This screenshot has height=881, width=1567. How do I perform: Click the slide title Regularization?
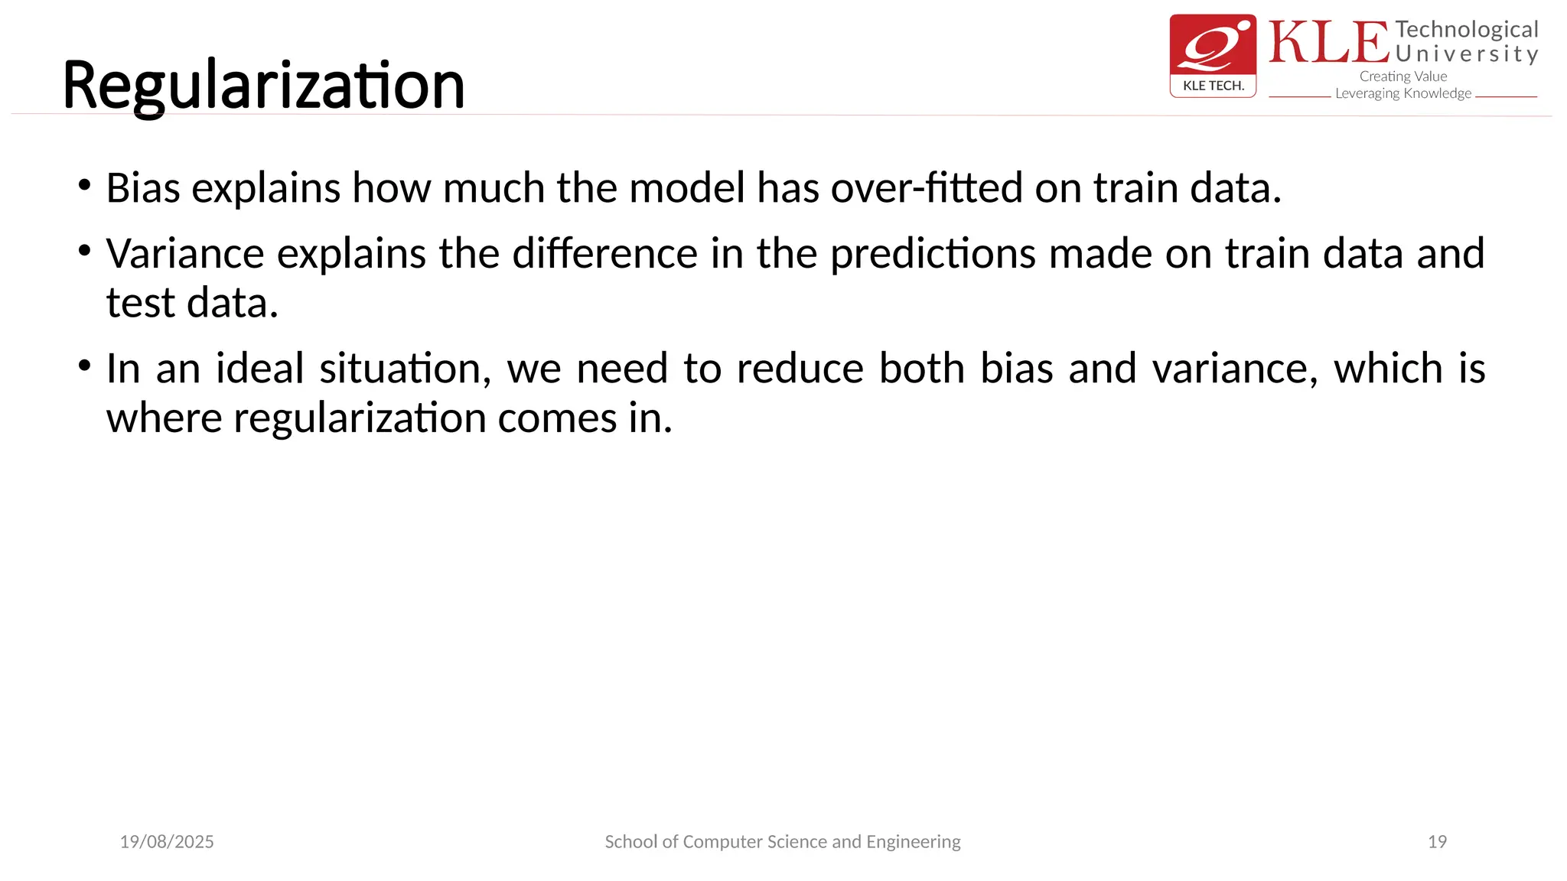click(x=263, y=86)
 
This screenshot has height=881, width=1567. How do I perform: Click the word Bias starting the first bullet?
click(x=142, y=188)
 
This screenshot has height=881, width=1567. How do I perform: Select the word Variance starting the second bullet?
click(x=184, y=254)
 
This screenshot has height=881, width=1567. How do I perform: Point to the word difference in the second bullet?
click(x=604, y=254)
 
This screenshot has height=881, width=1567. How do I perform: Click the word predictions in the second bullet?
click(x=933, y=254)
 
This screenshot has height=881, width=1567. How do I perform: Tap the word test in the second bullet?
click(x=140, y=304)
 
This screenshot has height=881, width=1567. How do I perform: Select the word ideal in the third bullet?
click(x=260, y=369)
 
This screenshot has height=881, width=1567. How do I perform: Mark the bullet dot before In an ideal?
click(x=85, y=365)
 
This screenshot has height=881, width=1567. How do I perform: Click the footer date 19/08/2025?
click(x=167, y=842)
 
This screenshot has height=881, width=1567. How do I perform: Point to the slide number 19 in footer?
click(x=1437, y=842)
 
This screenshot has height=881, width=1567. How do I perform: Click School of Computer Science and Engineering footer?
click(x=782, y=842)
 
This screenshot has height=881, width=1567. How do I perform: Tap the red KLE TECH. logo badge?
click(x=1213, y=55)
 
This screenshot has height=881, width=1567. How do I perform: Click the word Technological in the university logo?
click(x=1466, y=30)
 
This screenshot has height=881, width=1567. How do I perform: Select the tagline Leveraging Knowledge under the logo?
click(x=1402, y=93)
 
